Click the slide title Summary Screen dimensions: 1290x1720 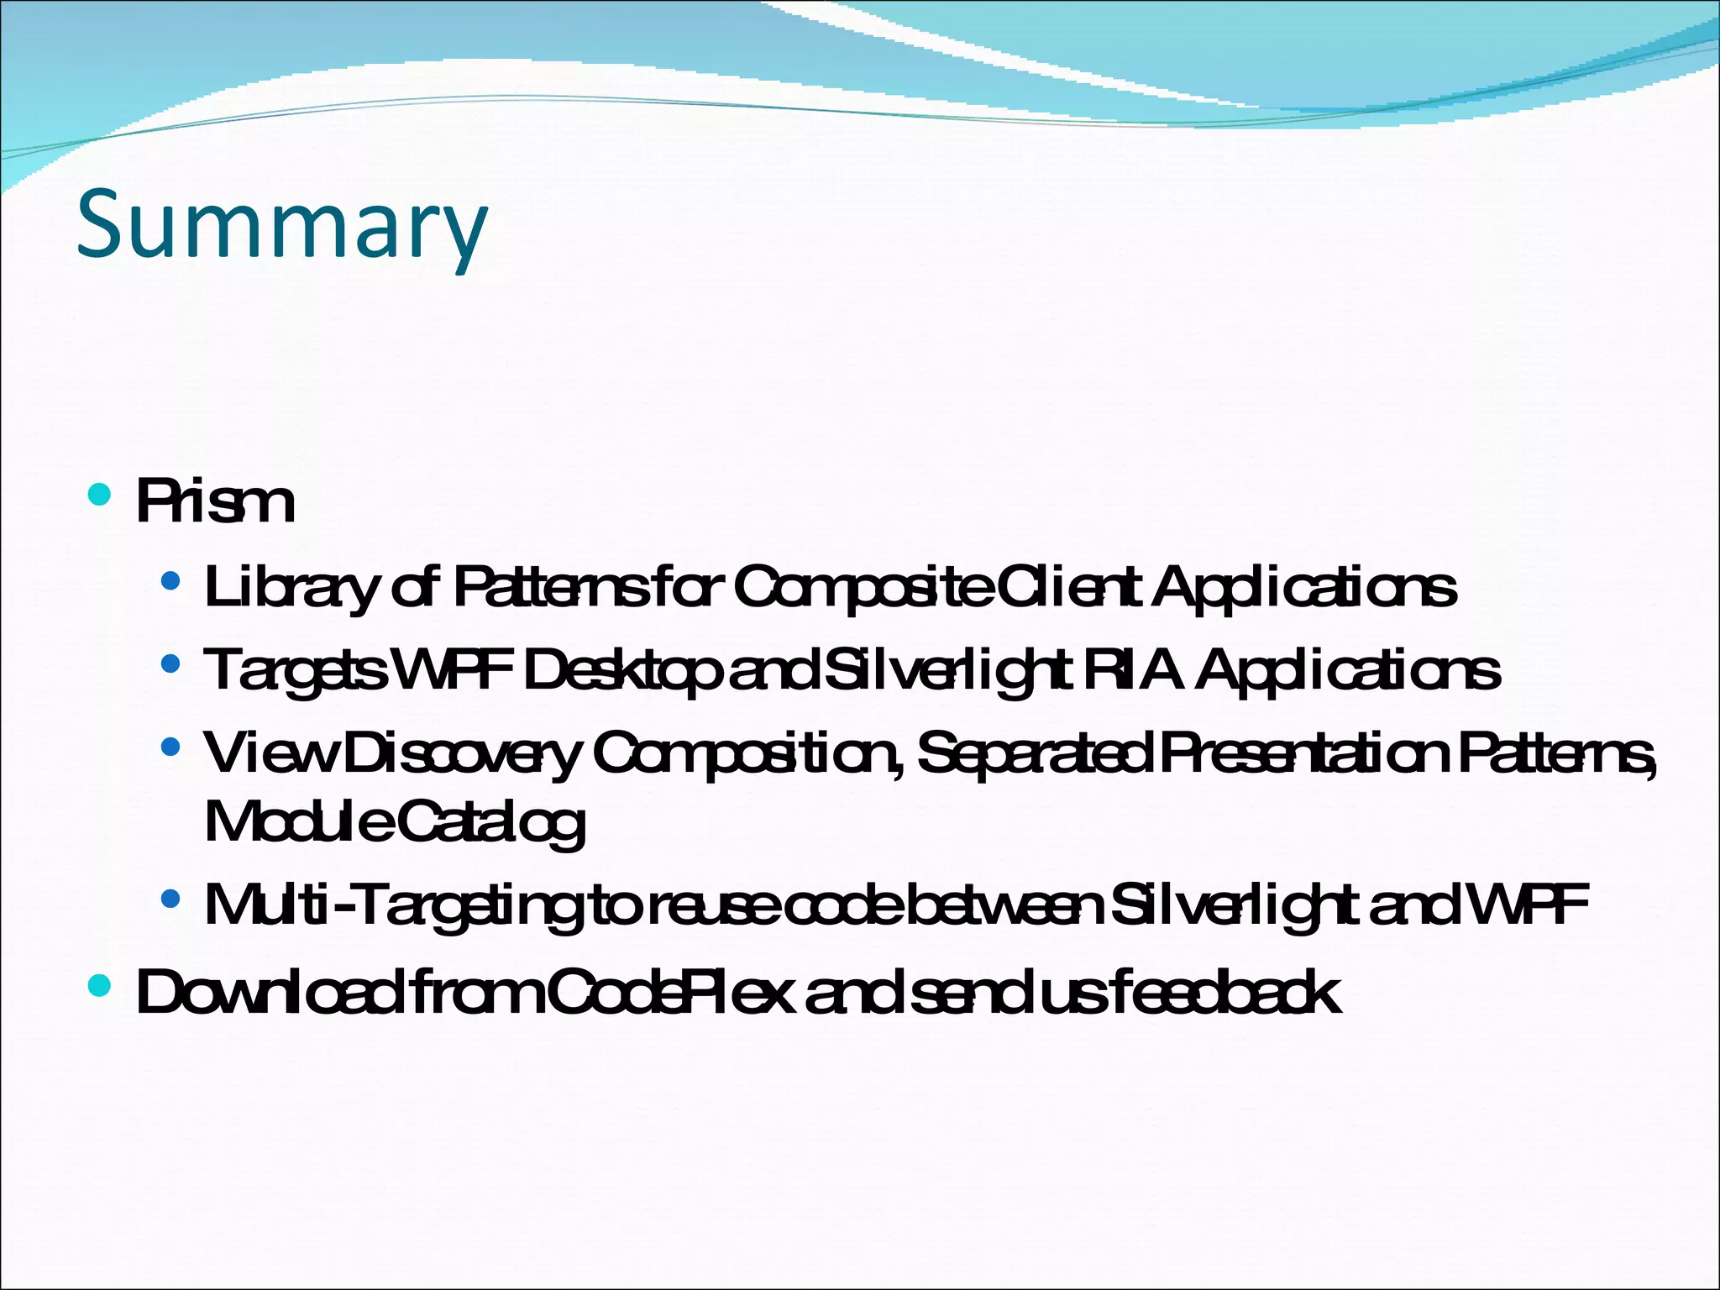pos(281,225)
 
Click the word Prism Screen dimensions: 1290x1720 pos(215,502)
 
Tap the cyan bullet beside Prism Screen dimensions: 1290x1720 pos(99,493)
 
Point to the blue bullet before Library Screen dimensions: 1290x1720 pos(170,580)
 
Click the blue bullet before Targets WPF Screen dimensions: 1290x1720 pos(170,664)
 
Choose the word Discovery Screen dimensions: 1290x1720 pos(461,753)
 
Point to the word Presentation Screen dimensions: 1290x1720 pos(1305,753)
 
